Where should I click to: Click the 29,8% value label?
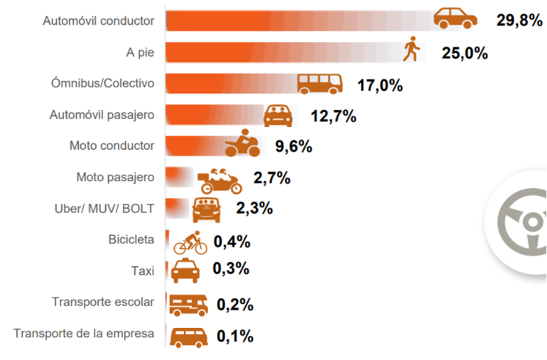coord(519,20)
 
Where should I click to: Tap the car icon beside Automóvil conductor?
coord(455,18)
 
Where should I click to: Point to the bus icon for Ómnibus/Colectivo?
coord(320,84)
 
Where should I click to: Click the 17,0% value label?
coord(380,85)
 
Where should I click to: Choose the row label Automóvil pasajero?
coord(102,114)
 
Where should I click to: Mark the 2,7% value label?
coord(271,178)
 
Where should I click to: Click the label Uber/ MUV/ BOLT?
coord(104,208)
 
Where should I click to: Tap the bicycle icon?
coord(190,242)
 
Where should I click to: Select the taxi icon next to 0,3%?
coord(186,271)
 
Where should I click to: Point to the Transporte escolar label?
coord(102,302)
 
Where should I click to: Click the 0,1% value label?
coord(234,336)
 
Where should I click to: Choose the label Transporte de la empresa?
coord(84,333)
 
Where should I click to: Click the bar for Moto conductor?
coord(195,146)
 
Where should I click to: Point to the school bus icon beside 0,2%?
coord(188,305)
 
